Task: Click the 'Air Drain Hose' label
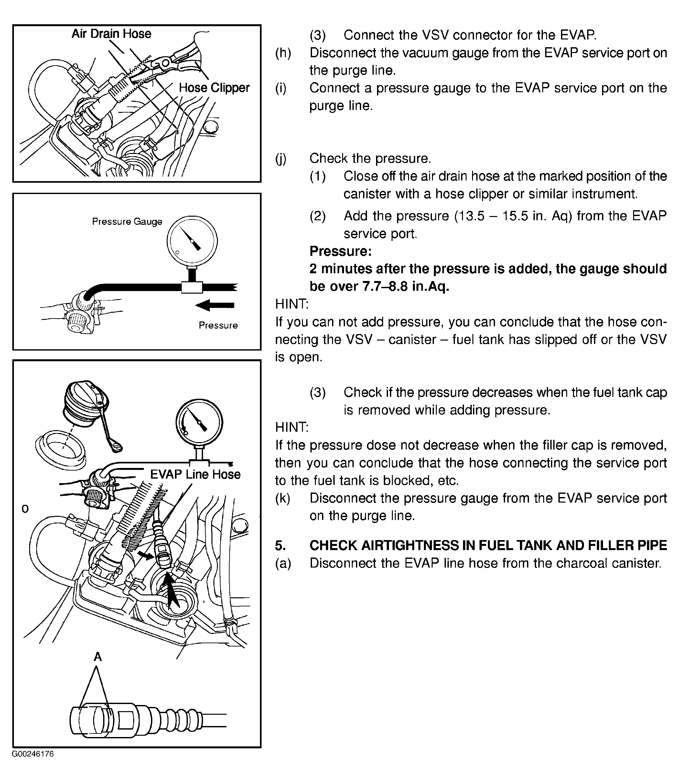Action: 112,34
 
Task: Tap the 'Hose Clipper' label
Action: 214,88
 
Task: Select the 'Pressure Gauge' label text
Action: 127,222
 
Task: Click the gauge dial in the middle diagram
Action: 192,241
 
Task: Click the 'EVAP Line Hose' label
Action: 195,474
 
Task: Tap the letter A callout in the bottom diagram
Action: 98,657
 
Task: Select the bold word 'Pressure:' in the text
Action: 340,251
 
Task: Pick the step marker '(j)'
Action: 281,158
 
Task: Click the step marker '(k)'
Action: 282,498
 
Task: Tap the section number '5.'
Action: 280,545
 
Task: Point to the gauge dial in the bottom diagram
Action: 199,423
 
